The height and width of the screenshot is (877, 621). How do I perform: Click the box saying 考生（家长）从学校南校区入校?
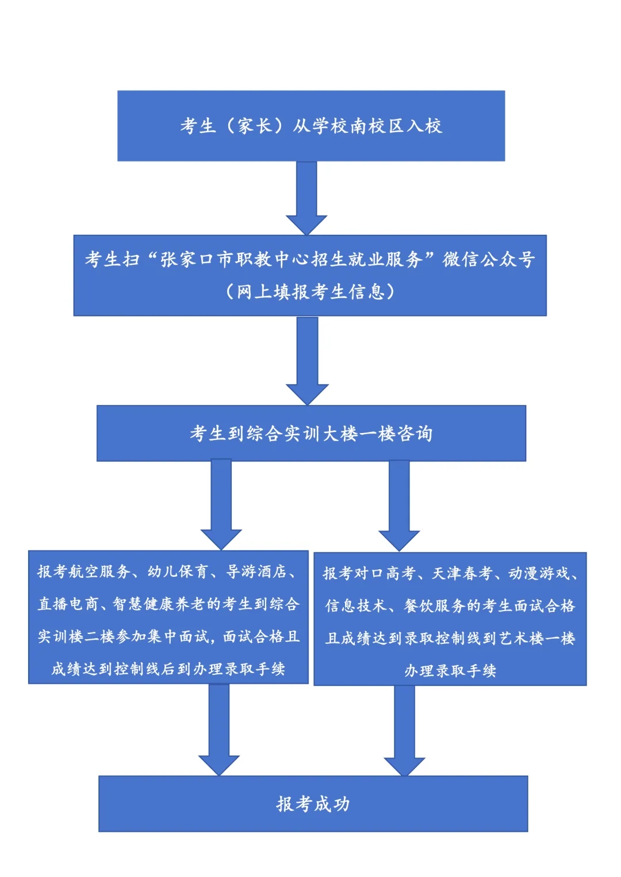(311, 126)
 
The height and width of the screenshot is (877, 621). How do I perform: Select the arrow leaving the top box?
(306, 198)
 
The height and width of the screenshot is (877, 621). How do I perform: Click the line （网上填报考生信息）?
(310, 292)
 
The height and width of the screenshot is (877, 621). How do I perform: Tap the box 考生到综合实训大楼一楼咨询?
(311, 433)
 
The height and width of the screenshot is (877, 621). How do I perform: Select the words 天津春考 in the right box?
(461, 574)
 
